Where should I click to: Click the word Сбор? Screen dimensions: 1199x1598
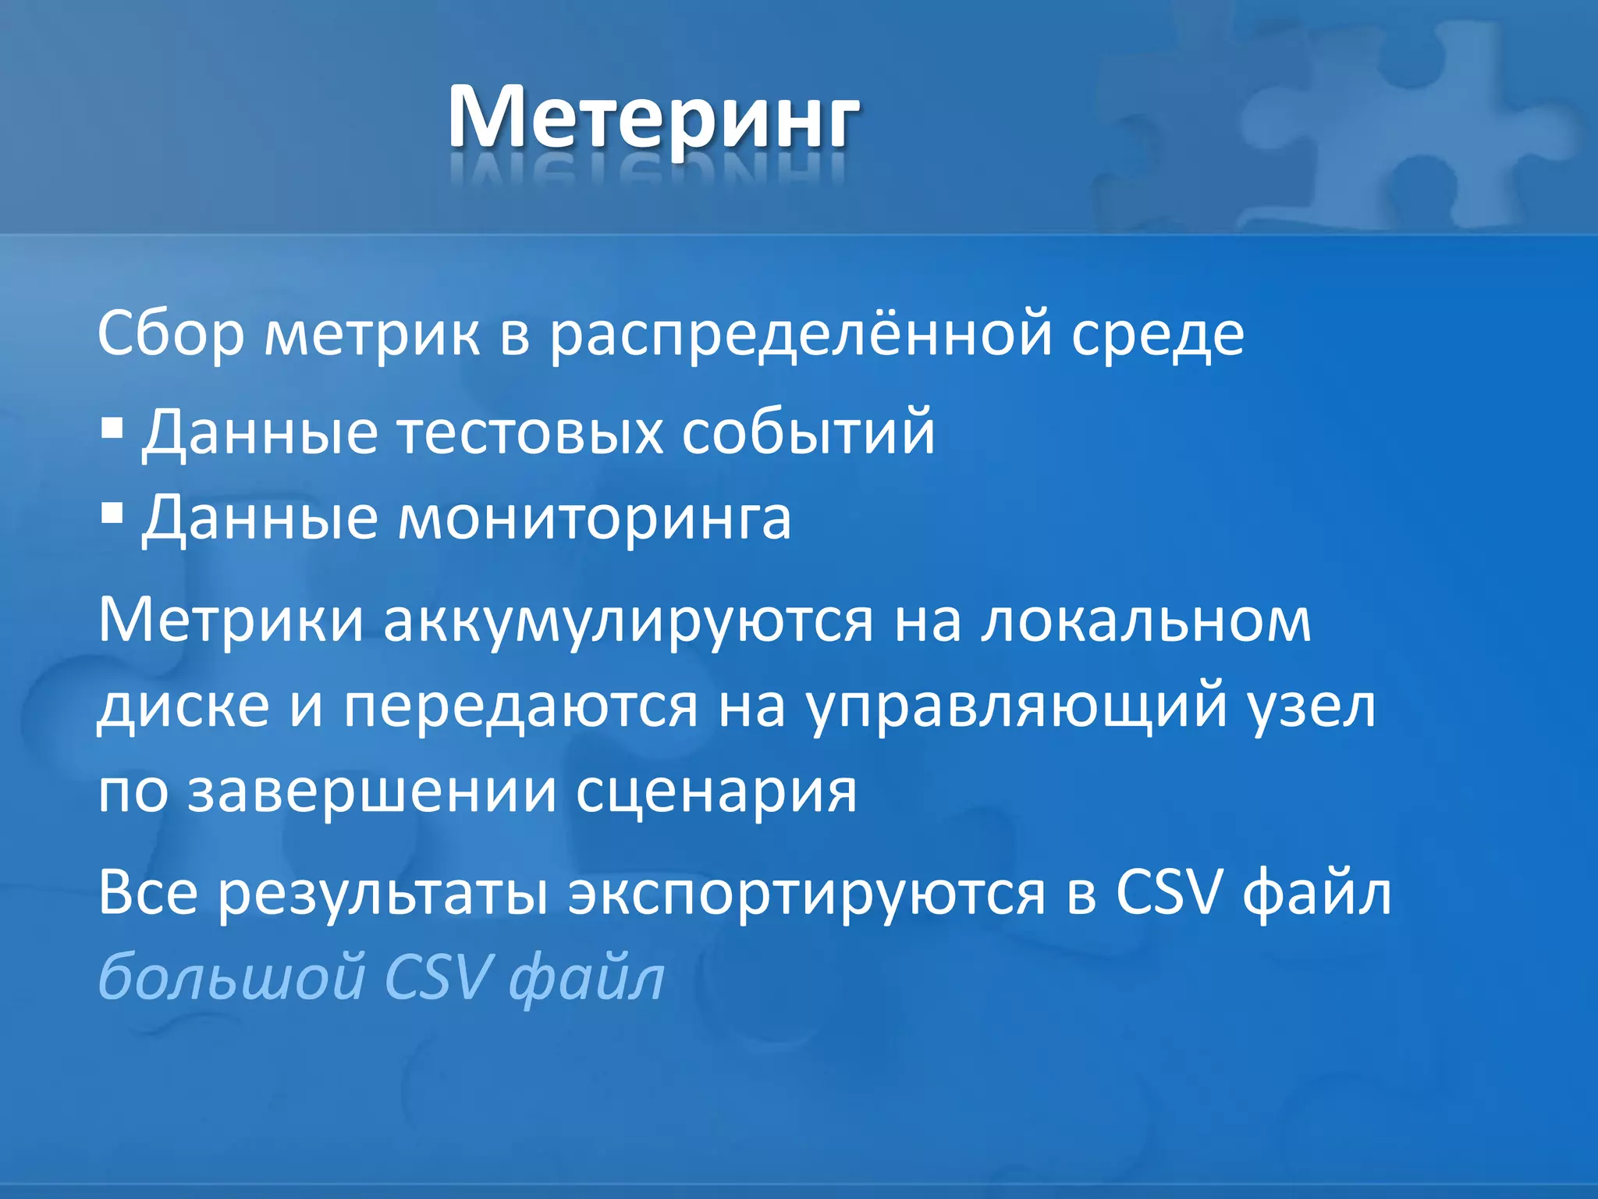pos(170,334)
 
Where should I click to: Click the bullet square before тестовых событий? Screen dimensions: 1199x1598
pos(112,428)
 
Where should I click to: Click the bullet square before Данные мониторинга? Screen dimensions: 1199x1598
pos(112,514)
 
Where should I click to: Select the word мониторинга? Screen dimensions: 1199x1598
pos(595,519)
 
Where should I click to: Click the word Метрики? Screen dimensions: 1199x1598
pos(231,621)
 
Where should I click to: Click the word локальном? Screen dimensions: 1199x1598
pos(1145,621)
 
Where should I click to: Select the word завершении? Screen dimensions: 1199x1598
pos(372,792)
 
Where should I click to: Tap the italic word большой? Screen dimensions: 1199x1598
pos(231,977)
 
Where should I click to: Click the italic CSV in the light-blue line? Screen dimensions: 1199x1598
pos(439,977)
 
